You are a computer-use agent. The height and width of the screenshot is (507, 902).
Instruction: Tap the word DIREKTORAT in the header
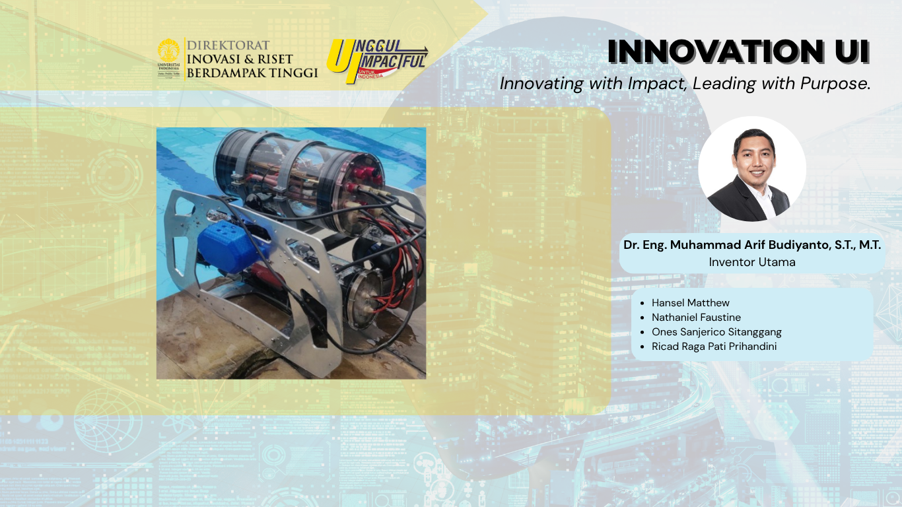228,45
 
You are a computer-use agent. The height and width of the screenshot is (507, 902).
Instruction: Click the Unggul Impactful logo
377,61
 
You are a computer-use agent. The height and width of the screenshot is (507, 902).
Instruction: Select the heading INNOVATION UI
738,51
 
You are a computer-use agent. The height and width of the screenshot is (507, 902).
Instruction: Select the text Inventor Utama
752,262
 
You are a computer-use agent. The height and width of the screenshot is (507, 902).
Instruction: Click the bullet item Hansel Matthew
691,303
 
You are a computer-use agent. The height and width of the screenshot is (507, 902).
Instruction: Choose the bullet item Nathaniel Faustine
696,318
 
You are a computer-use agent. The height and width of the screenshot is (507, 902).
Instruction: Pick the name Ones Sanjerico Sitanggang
716,332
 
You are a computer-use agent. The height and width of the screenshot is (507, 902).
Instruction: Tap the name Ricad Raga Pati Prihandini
714,347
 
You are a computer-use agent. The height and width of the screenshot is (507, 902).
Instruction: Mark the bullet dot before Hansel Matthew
642,303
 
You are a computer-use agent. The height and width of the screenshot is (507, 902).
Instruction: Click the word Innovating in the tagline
541,84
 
